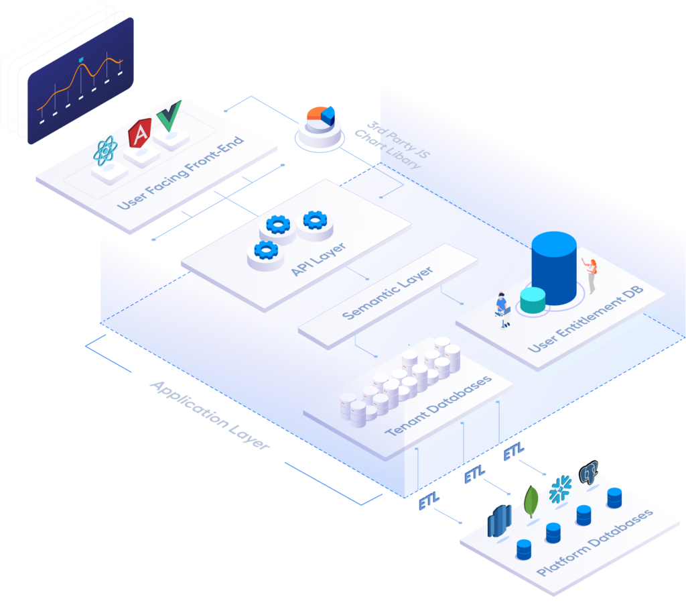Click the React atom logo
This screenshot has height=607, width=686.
point(106,151)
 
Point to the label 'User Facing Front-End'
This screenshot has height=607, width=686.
point(180,172)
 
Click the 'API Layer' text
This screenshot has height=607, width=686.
point(319,258)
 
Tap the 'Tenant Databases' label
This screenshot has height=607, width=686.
point(439,406)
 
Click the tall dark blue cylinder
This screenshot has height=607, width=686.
point(554,268)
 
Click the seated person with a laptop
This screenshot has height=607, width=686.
point(502,309)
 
